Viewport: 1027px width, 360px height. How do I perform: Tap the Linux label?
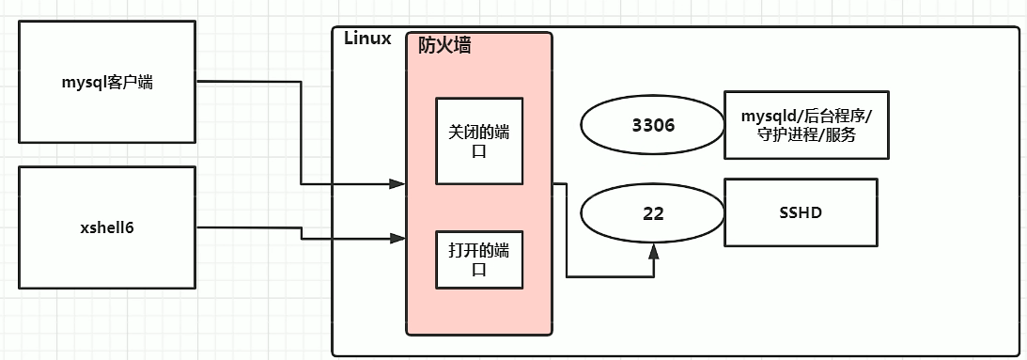(x=367, y=39)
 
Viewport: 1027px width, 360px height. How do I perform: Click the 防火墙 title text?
(x=444, y=45)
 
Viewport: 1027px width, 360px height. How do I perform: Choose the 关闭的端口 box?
(x=479, y=140)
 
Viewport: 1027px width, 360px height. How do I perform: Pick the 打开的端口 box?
(x=479, y=258)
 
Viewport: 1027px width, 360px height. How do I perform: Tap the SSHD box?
(x=801, y=213)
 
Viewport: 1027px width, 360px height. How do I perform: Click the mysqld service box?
(x=806, y=126)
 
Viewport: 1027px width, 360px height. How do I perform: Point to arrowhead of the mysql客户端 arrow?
(x=399, y=184)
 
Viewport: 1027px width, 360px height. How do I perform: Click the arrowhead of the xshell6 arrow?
(x=399, y=240)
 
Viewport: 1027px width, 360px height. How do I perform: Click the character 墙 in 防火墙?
(x=462, y=45)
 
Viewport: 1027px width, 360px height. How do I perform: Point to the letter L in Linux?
(x=349, y=39)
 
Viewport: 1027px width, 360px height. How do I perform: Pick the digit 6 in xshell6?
(x=131, y=228)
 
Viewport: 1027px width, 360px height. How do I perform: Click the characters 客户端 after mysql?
(x=133, y=83)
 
